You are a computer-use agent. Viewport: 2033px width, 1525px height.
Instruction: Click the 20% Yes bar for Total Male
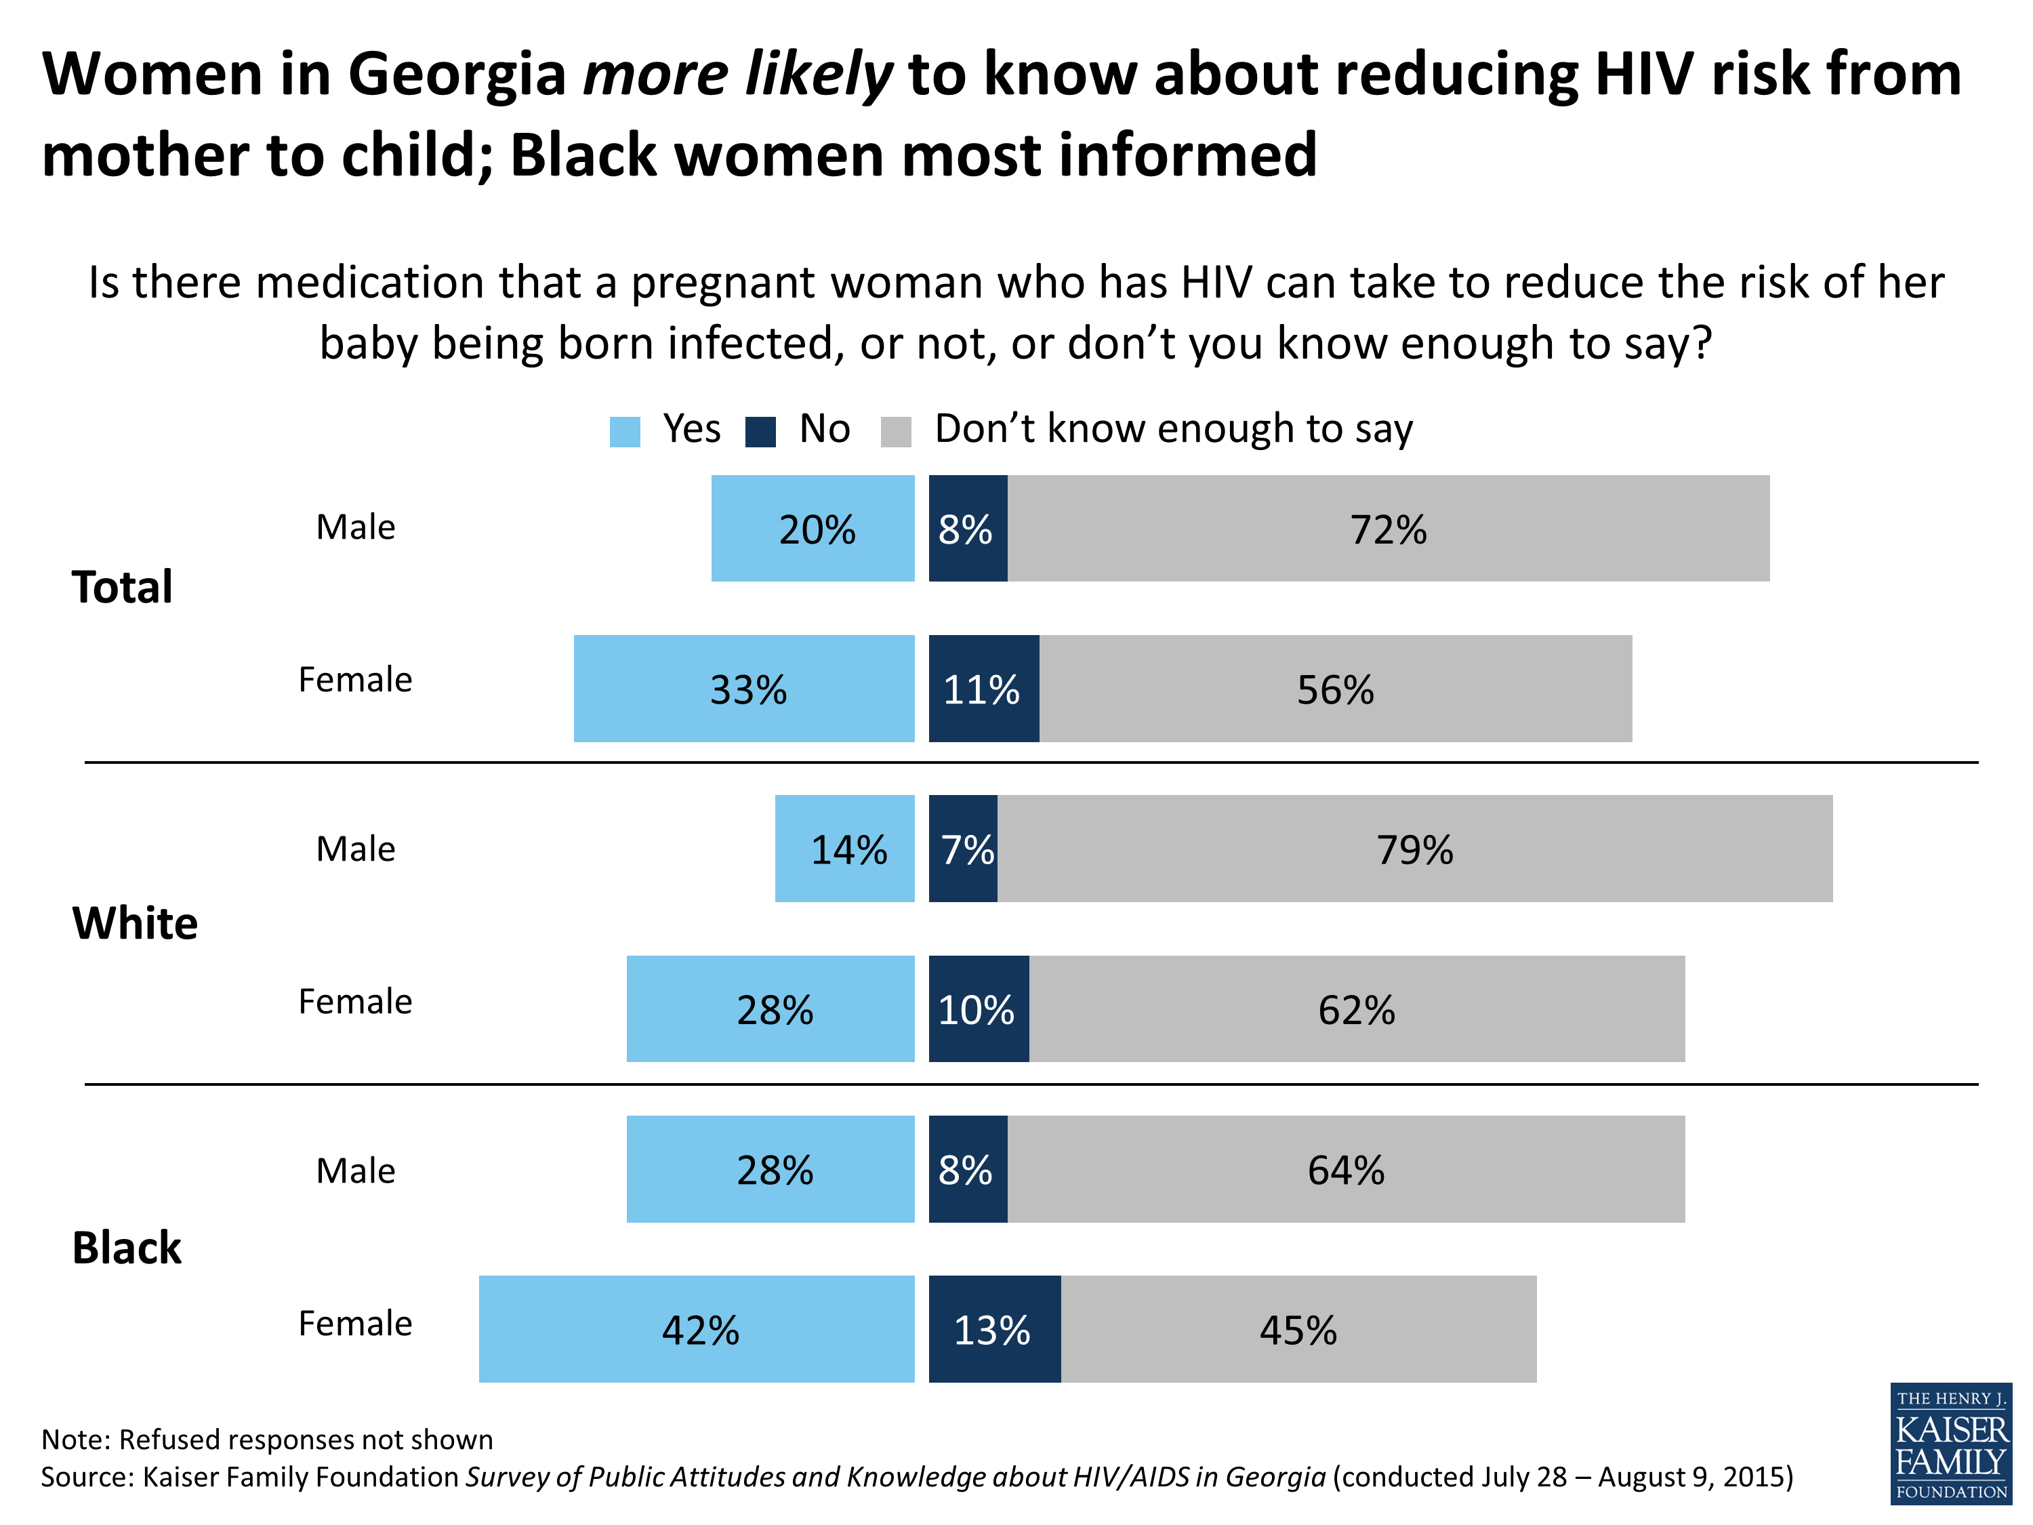pos(813,529)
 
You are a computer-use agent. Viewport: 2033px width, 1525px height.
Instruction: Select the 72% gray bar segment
pos(1388,529)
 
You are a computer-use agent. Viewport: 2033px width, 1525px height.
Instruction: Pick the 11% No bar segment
pos(983,689)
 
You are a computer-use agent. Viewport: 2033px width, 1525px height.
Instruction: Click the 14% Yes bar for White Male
pos(844,849)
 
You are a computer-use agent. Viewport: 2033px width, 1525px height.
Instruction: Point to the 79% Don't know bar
pos(1414,849)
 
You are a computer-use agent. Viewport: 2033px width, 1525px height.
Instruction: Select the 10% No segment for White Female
pos(979,1009)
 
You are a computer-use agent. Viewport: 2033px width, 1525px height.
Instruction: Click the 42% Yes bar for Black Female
pos(697,1328)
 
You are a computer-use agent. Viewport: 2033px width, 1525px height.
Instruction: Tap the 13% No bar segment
pos(994,1328)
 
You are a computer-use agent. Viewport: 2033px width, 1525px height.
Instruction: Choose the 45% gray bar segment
pos(1298,1328)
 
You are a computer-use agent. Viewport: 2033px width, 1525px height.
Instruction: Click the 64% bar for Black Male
pos(1346,1168)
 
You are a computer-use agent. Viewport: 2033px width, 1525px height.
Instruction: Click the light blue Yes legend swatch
pos(625,432)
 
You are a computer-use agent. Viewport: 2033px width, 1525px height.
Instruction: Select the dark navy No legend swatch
pos(760,432)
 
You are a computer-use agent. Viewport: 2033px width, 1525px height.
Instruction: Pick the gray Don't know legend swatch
pos(895,432)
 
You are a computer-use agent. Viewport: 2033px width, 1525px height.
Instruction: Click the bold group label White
pos(135,923)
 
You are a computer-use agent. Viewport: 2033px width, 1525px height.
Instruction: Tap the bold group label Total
pos(122,588)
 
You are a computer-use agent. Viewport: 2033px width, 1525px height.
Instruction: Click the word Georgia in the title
pos(457,73)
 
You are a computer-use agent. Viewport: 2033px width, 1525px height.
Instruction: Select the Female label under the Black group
pos(355,1324)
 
